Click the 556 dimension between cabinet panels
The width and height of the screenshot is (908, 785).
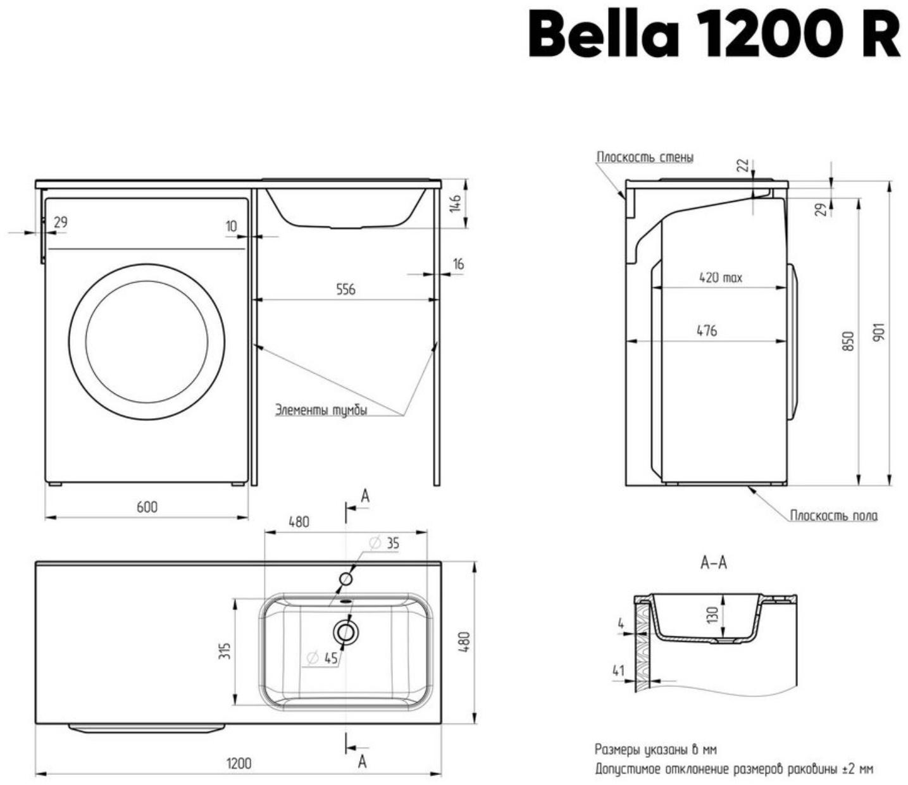tap(345, 289)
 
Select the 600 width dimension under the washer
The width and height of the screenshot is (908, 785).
tap(147, 506)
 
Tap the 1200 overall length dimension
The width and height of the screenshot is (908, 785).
tap(239, 763)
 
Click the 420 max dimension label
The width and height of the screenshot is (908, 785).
tap(721, 277)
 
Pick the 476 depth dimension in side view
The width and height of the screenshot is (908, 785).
tap(707, 330)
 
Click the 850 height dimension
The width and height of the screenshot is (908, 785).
tap(850, 342)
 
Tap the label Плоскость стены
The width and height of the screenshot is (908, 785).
tap(645, 157)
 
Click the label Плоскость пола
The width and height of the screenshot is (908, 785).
tap(833, 516)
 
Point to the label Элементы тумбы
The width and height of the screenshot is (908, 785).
tap(321, 410)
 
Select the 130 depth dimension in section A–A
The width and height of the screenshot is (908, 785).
tap(713, 614)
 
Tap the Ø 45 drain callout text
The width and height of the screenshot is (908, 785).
tap(323, 658)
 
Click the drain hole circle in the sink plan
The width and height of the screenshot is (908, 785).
tap(345, 631)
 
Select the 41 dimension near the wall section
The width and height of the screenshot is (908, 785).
tap(618, 671)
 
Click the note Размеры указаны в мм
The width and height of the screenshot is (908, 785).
tap(656, 750)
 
